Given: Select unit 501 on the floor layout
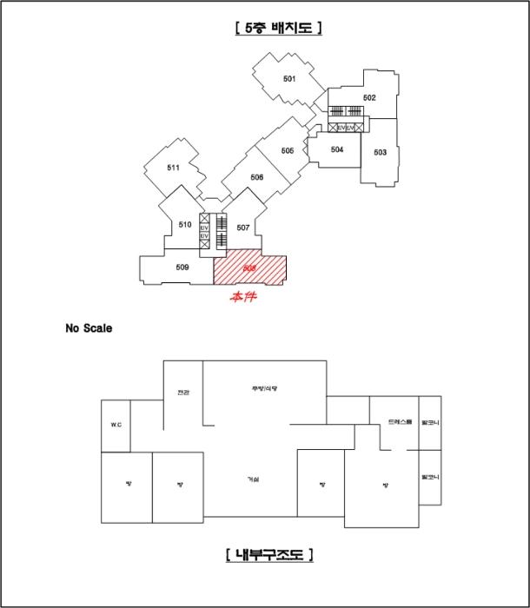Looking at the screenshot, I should click(x=289, y=79).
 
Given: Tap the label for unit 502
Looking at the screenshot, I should click(x=369, y=97).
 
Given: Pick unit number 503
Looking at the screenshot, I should click(x=380, y=152).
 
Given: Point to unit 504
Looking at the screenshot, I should click(x=337, y=149).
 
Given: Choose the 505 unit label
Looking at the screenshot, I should click(x=288, y=150).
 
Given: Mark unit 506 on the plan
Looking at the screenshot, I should click(x=256, y=177).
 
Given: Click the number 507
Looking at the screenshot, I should click(x=242, y=228).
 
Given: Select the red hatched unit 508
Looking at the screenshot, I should click(x=250, y=268).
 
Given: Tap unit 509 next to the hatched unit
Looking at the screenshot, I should click(x=182, y=268).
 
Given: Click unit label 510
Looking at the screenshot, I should click(x=184, y=225).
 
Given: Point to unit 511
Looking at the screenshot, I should click(x=173, y=168).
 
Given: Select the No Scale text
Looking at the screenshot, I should click(x=89, y=328).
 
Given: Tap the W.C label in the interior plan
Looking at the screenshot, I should click(x=116, y=425).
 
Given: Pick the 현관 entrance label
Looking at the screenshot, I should click(x=182, y=392).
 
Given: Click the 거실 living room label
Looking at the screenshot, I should click(x=253, y=479).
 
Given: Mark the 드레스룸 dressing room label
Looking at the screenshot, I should click(x=400, y=422).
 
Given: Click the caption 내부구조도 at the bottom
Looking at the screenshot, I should click(x=268, y=553).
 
